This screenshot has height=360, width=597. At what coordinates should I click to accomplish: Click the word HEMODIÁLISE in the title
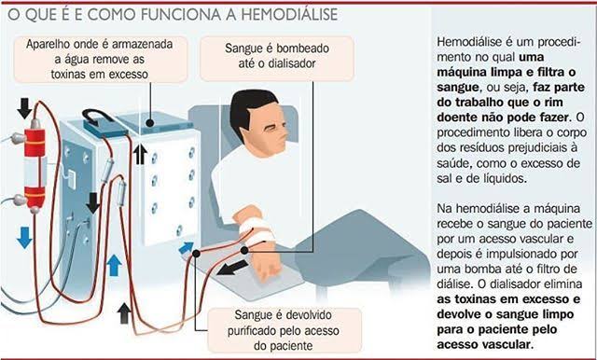pyautogui.click(x=289, y=15)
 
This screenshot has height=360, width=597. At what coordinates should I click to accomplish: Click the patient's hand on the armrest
pyautogui.click(x=268, y=269)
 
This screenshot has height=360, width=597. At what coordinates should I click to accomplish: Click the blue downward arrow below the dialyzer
pyautogui.click(x=25, y=238)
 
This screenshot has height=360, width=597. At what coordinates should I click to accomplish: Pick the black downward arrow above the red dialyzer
pyautogui.click(x=25, y=107)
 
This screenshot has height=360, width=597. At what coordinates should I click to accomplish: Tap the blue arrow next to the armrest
pyautogui.click(x=187, y=248)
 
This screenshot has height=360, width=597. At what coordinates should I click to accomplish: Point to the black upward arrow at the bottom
pyautogui.click(x=124, y=313)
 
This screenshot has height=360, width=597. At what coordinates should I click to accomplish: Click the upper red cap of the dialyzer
pyautogui.click(x=35, y=143)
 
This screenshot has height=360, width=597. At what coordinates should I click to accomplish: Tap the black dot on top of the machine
pyautogui.click(x=150, y=123)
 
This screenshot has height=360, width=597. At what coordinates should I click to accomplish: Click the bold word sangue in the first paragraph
pyautogui.click(x=457, y=88)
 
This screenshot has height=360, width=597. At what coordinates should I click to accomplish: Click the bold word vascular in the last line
pyautogui.click(x=507, y=344)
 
